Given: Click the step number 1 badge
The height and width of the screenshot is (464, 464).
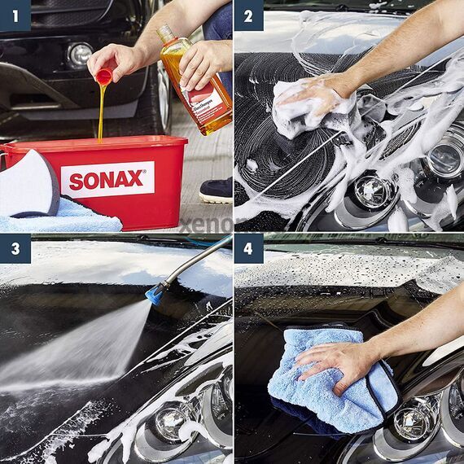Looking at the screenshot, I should [x=15, y=15].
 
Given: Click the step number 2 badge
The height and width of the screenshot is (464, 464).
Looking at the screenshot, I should [x=248, y=15].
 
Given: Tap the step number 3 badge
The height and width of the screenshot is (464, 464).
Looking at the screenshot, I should [x=15, y=248].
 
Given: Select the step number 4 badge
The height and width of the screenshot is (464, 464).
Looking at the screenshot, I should [x=248, y=248].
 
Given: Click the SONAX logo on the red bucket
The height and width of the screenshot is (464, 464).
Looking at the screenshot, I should [x=107, y=179].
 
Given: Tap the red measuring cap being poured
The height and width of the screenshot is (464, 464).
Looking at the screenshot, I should [x=104, y=76].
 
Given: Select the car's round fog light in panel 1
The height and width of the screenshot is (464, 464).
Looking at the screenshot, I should [x=80, y=54].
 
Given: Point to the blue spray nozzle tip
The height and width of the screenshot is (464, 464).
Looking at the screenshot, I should [x=154, y=294].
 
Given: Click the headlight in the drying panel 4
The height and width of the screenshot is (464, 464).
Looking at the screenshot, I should [x=413, y=419].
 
